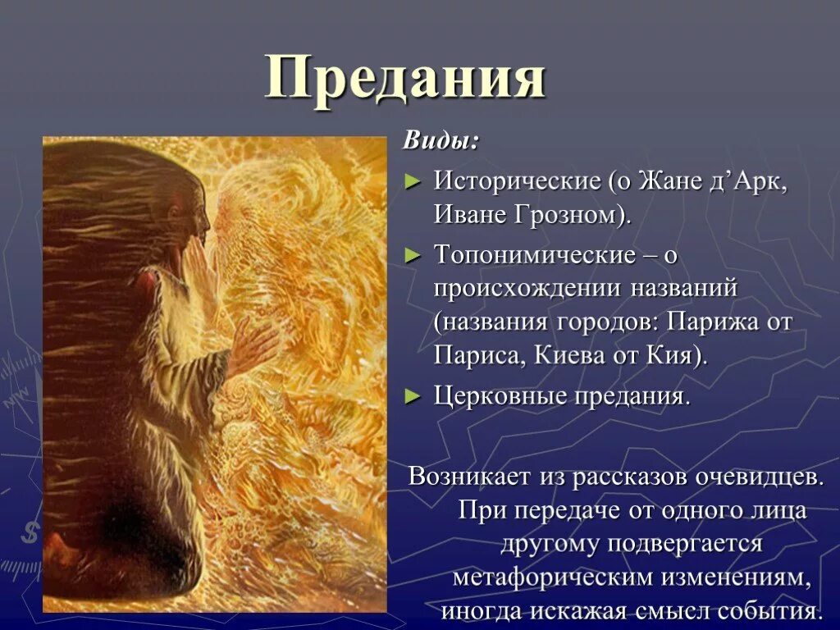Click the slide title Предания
tap(405, 80)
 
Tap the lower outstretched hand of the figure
tap(254, 345)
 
